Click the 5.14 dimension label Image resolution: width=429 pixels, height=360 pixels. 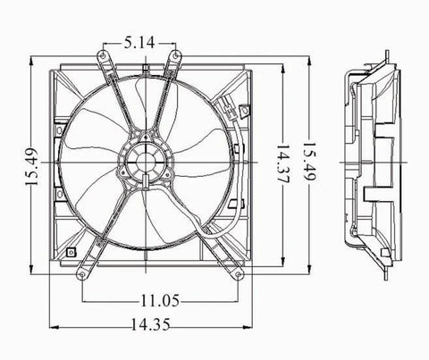[143, 40]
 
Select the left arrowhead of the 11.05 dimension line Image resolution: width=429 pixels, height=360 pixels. [85, 297]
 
